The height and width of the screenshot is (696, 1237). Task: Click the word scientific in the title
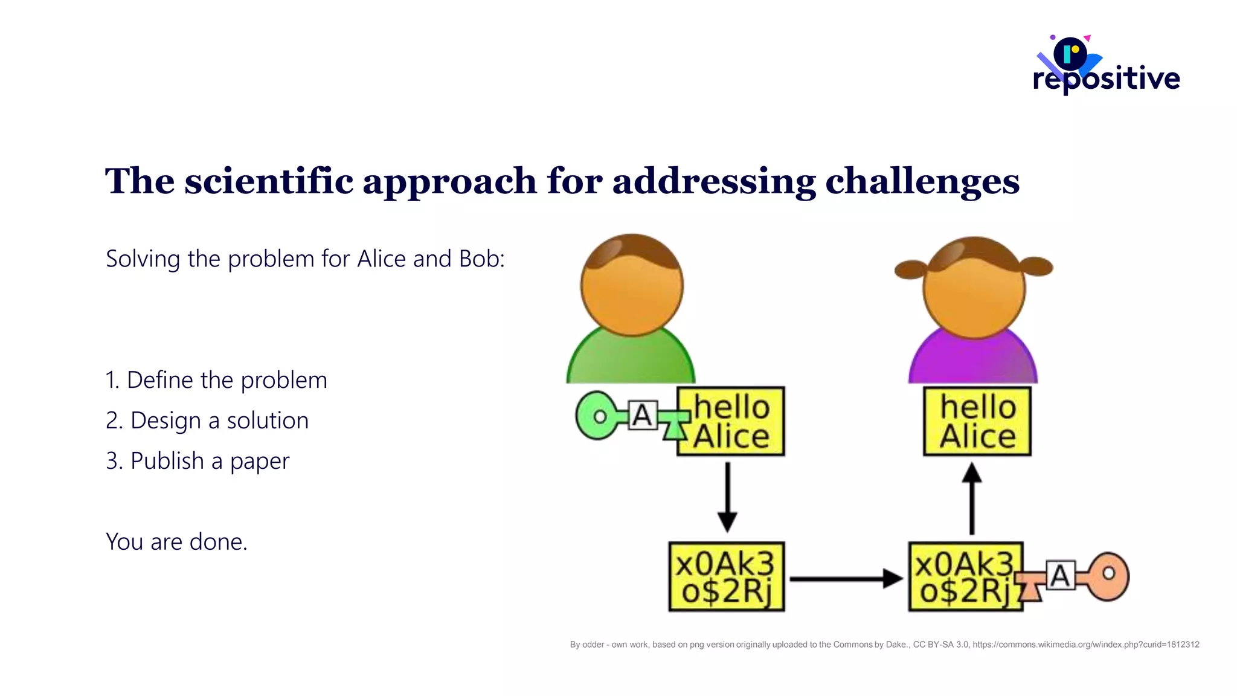[269, 181]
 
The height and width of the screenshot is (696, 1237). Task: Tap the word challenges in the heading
[922, 181]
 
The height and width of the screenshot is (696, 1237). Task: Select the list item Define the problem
[216, 380]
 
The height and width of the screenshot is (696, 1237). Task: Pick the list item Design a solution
[207, 420]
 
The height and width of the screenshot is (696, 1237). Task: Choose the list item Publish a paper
[198, 461]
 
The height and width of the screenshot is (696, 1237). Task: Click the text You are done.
[176, 542]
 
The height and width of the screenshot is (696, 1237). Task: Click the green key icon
[598, 416]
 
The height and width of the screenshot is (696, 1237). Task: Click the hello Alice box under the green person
[731, 421]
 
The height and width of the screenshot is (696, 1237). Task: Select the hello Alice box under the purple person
[977, 421]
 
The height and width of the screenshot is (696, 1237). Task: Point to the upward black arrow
[971, 498]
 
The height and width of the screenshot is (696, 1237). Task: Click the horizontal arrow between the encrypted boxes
[846, 578]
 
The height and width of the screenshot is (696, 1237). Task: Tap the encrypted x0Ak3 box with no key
[727, 577]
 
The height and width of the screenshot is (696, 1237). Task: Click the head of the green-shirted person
[632, 285]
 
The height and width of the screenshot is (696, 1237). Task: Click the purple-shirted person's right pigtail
[1036, 266]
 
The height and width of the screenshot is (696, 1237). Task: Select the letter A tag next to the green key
[642, 415]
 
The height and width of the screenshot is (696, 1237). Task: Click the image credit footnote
[884, 645]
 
